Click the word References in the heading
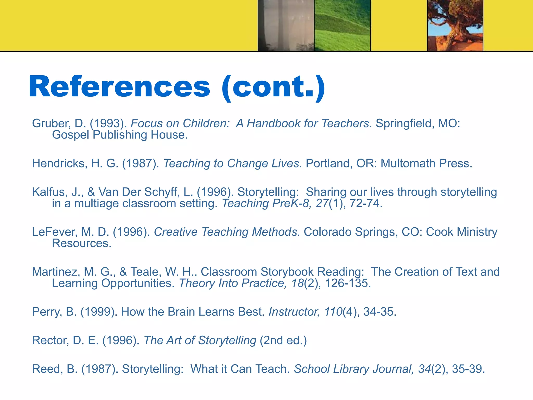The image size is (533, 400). [x=119, y=86]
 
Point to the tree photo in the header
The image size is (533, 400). [x=455, y=26]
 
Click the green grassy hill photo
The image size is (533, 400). [x=342, y=26]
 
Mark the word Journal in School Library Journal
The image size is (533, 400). [x=393, y=369]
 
